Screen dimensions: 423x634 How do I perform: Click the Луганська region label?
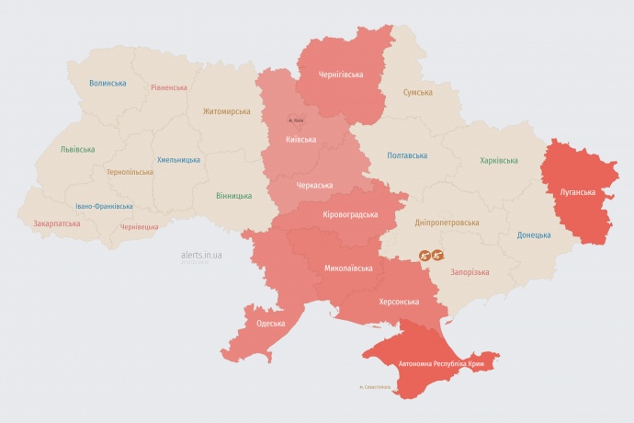(x=578, y=192)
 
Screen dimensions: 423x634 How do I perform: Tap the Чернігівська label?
(x=341, y=74)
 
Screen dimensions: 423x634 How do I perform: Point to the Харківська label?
(x=498, y=161)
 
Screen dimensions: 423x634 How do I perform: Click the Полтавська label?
(x=407, y=155)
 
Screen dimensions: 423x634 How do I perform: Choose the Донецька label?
(x=534, y=234)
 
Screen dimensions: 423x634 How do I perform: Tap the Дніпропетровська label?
(x=447, y=223)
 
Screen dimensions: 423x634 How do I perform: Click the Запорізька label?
(x=470, y=272)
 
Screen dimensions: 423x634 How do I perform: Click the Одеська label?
(x=271, y=324)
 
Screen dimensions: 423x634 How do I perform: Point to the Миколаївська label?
(x=349, y=269)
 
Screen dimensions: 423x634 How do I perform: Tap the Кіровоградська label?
(x=351, y=214)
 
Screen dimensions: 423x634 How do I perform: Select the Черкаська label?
(x=314, y=186)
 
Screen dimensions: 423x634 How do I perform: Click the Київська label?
(x=301, y=140)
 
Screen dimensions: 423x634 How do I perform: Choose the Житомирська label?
(x=227, y=111)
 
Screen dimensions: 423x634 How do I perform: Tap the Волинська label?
(x=108, y=83)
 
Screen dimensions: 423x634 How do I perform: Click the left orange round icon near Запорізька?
(x=425, y=255)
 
